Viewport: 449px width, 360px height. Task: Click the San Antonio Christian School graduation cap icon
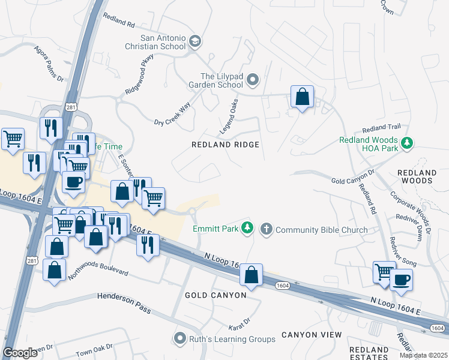[194, 41]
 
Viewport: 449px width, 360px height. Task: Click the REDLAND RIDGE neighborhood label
[225, 145]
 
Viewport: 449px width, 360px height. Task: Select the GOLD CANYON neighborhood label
[215, 295]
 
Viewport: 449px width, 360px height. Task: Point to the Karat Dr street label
[238, 326]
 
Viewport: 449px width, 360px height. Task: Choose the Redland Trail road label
[381, 128]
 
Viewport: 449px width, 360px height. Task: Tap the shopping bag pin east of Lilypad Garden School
[302, 97]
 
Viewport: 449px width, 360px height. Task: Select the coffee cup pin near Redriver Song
[401, 279]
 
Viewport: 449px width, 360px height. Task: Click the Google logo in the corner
[20, 353]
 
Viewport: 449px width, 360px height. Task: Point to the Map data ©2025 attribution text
[423, 355]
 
